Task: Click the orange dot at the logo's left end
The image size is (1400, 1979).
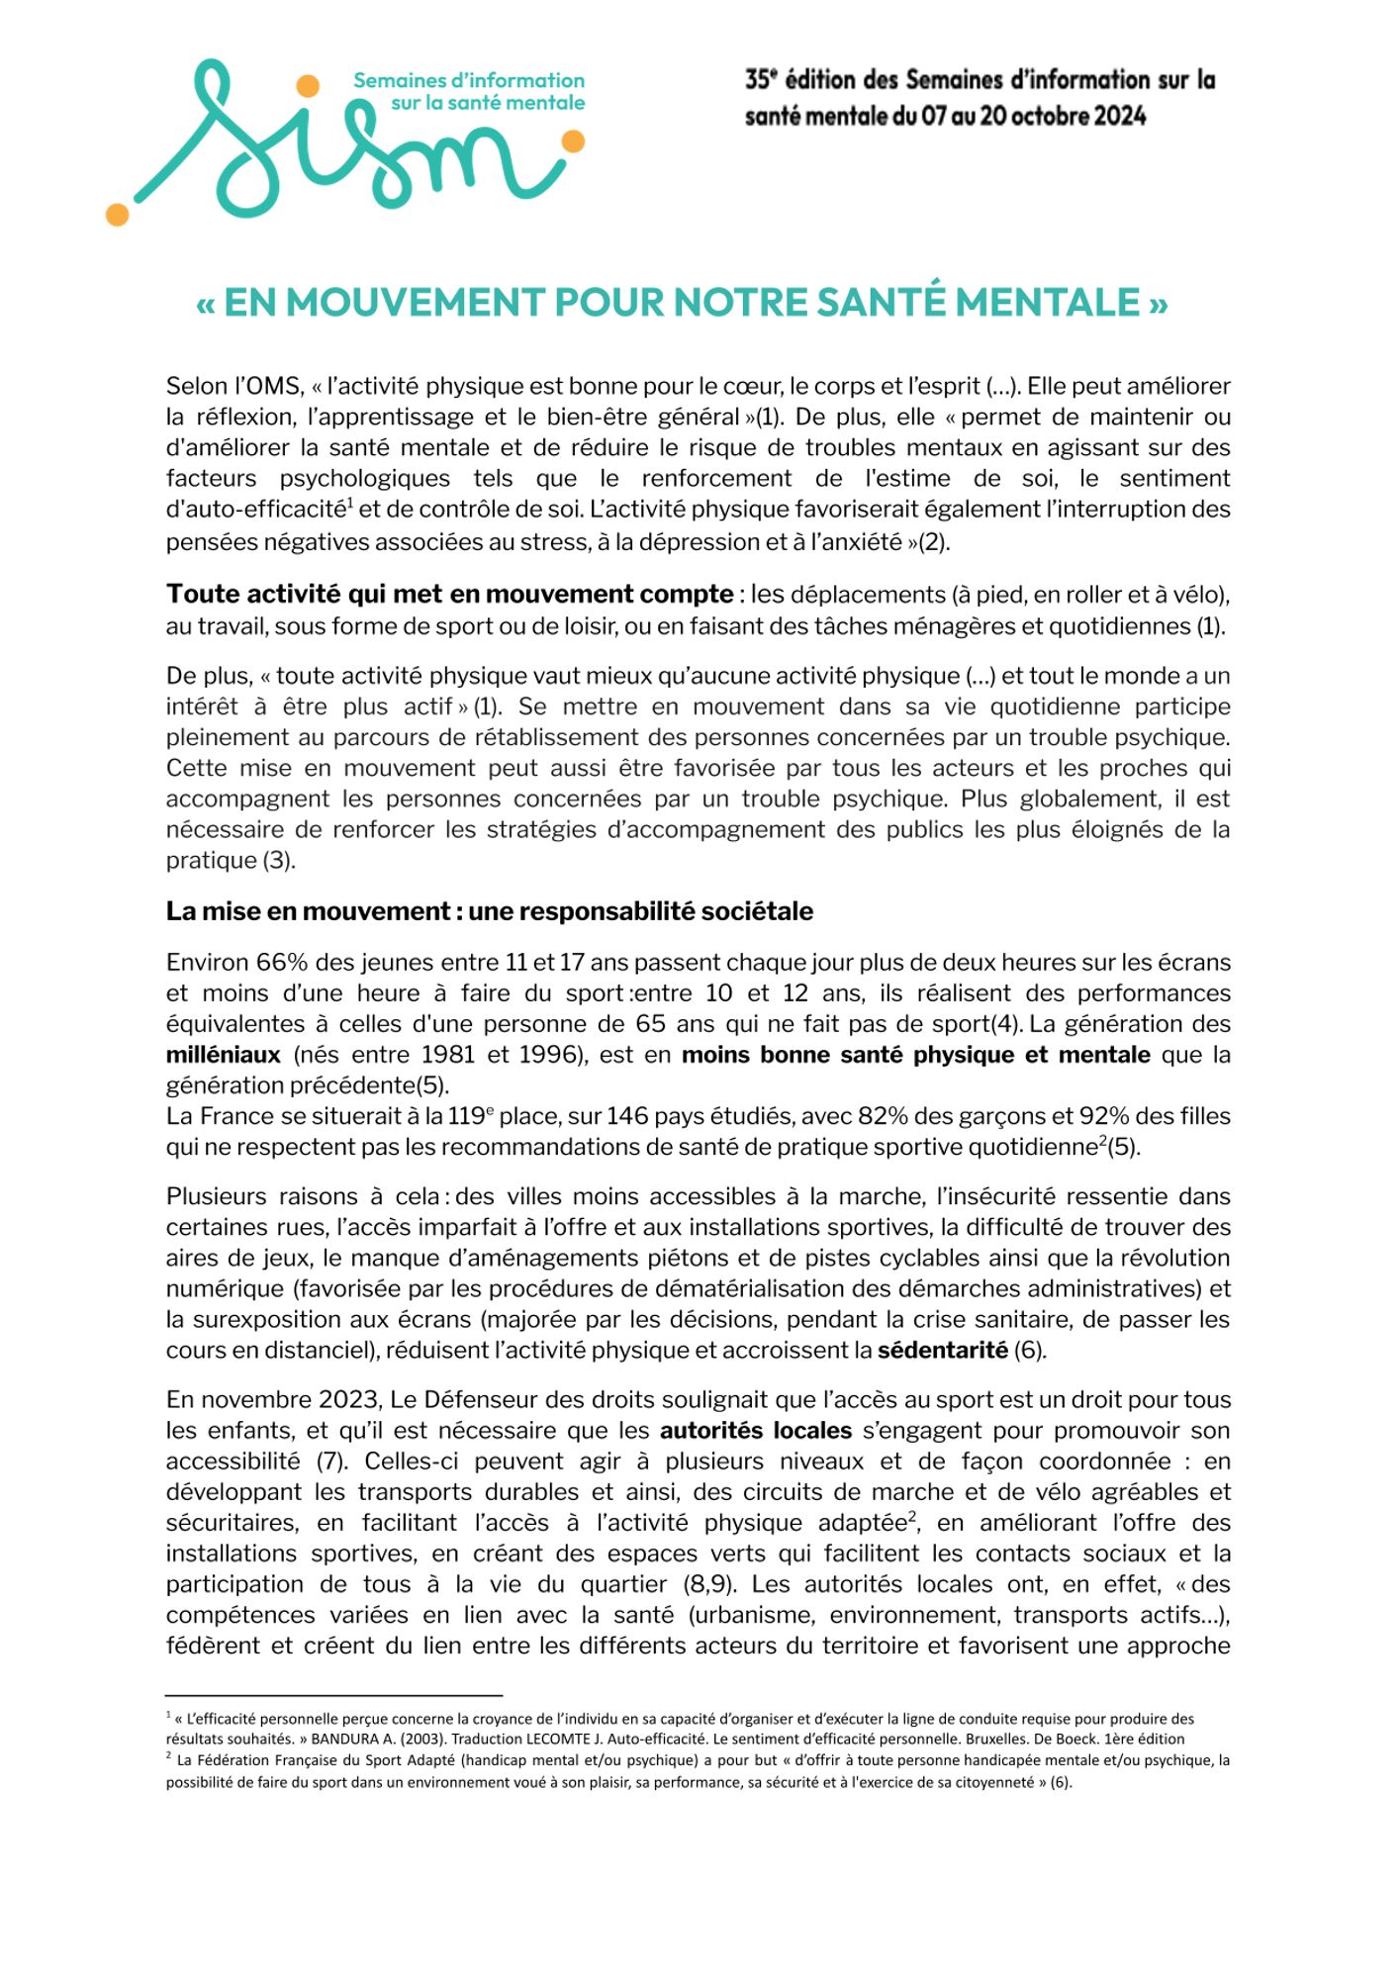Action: (x=117, y=214)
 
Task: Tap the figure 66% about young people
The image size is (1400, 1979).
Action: (x=282, y=962)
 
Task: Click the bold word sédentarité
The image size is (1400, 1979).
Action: (x=943, y=1351)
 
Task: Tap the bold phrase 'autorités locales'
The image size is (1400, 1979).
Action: (x=756, y=1431)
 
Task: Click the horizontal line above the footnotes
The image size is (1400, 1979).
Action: (x=334, y=1695)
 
